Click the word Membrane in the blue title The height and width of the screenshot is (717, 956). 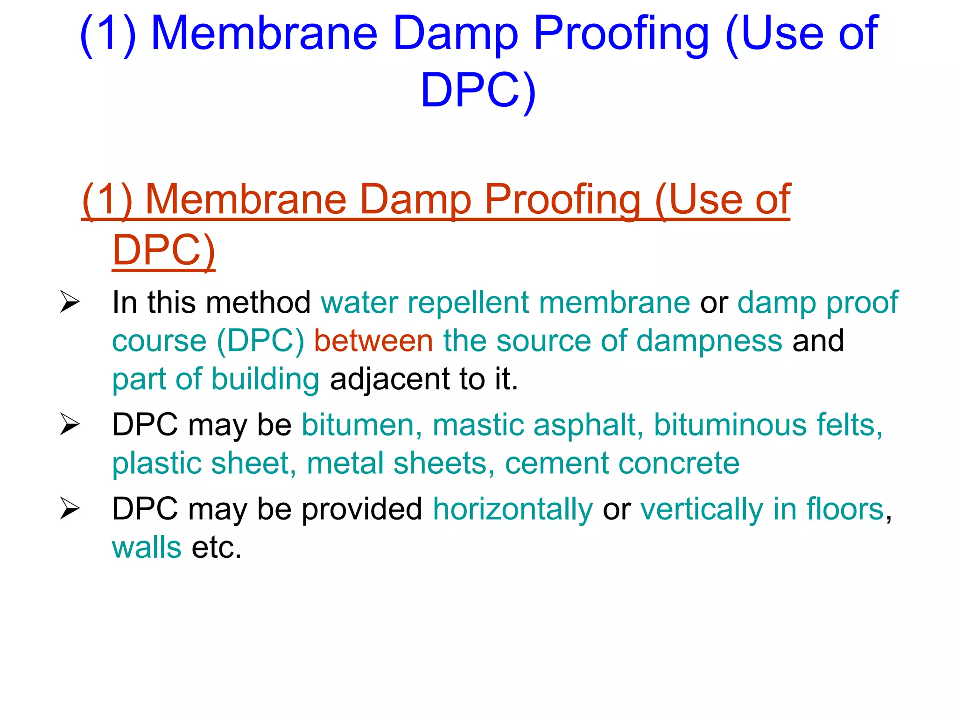[264, 34]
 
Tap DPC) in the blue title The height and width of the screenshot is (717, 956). [478, 91]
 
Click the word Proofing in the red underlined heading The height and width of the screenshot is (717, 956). [562, 200]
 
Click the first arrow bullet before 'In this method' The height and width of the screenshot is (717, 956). [70, 302]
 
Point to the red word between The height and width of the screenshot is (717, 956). [373, 341]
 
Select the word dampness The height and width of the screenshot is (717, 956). [709, 341]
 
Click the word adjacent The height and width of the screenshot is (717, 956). [390, 379]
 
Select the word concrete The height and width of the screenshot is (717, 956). [679, 464]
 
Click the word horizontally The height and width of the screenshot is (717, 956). [513, 509]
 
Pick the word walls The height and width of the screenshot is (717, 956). [147, 548]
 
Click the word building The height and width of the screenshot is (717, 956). [265, 379]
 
